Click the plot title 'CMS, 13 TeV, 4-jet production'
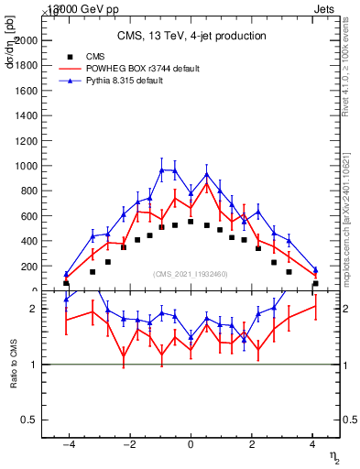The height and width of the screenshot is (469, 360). tap(191, 36)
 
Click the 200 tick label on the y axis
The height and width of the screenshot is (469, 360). tap(28, 267)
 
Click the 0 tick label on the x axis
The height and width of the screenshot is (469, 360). tap(191, 445)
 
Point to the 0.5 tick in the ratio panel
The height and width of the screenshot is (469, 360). tap(27, 420)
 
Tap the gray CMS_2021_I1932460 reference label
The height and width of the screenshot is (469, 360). tap(191, 275)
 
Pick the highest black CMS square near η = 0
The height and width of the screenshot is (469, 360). tap(191, 222)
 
